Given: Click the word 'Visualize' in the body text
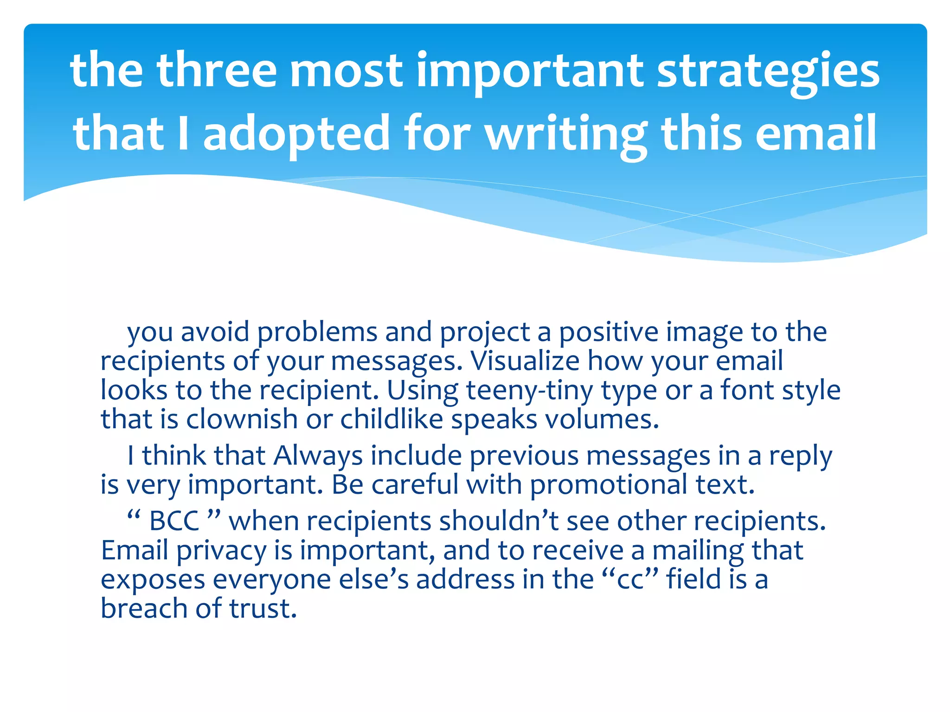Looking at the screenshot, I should (x=525, y=361).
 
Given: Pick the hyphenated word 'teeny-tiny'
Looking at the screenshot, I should (x=529, y=390).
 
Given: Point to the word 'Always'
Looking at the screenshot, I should (x=318, y=456).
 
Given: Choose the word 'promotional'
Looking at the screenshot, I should (x=609, y=485).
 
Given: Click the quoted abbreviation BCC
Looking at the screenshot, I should (x=174, y=521).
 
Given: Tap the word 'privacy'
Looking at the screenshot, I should (x=221, y=551).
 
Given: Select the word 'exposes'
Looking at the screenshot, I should (x=153, y=580).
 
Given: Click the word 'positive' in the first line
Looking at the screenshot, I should (x=609, y=332).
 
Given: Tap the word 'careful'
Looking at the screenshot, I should (x=414, y=485).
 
